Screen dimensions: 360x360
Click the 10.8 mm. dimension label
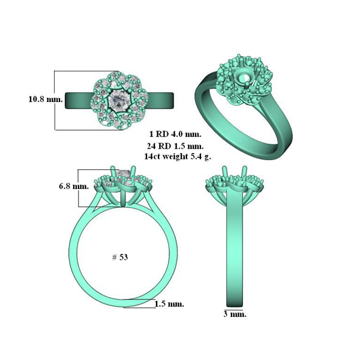pos(46,100)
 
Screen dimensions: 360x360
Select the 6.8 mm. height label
pos(74,186)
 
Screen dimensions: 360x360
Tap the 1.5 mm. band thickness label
pos(169,304)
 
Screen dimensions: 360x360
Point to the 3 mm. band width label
pos(235,314)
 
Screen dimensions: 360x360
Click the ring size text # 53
pos(120,257)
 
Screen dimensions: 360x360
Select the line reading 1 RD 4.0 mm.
pos(175,134)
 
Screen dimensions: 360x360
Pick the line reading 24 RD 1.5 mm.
pos(175,146)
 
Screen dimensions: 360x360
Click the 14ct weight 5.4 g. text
pos(178,157)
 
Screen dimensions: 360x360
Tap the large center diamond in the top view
pos(119,100)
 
